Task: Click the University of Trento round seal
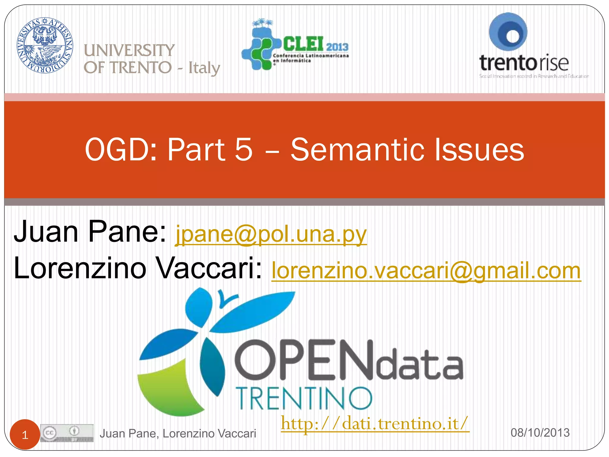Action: coord(45,45)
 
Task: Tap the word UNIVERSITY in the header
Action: coord(129,50)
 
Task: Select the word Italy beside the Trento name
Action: coord(204,68)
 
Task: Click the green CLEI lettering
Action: coord(303,44)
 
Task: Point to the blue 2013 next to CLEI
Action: coord(337,47)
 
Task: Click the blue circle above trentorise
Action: coord(508,32)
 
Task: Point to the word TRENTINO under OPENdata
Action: coord(304,399)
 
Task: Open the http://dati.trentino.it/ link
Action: coord(375,423)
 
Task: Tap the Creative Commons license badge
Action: coord(67,433)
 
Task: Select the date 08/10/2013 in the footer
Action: coord(540,433)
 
